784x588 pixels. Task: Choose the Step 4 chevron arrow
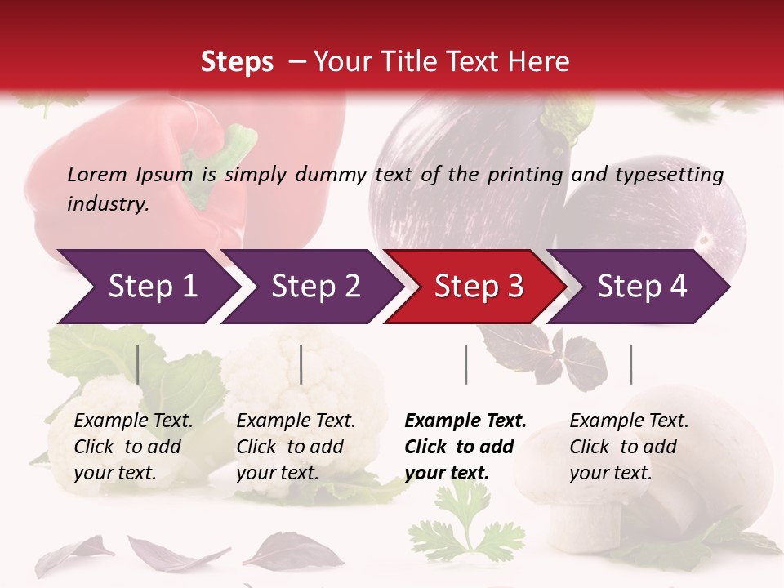tap(640, 287)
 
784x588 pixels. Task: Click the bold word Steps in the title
tap(237, 62)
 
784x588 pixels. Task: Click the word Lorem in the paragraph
tap(97, 174)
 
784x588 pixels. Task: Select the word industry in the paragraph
tap(107, 203)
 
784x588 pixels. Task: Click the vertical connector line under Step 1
tap(137, 364)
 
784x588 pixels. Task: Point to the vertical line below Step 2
tap(301, 364)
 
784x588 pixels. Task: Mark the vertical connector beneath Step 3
tap(465, 364)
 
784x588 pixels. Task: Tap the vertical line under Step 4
tap(630, 364)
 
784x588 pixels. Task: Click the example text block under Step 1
tap(133, 447)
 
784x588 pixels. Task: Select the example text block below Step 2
tap(296, 447)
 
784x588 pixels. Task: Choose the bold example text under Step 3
tap(465, 447)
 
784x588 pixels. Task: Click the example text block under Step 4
tap(629, 447)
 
